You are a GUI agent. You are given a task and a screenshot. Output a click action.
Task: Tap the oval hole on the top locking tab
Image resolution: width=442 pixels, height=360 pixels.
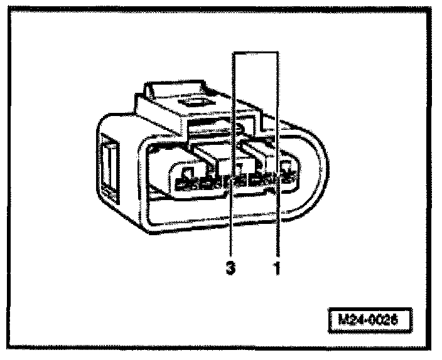tap(188, 101)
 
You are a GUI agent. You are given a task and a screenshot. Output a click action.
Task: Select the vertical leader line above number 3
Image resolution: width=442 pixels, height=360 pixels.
tap(232, 125)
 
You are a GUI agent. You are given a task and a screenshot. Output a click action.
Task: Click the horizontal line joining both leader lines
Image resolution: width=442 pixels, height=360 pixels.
tap(255, 52)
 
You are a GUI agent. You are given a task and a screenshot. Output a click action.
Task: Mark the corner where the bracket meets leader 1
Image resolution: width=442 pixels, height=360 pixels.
tap(277, 52)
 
